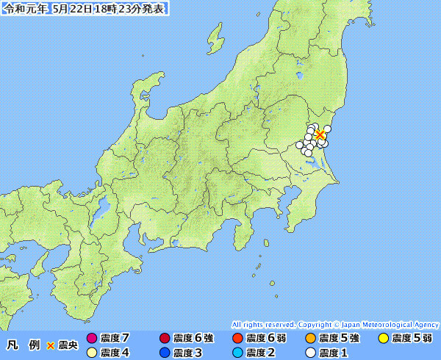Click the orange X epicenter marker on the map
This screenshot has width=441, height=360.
point(320,134)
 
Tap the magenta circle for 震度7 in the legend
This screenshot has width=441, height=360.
point(92,339)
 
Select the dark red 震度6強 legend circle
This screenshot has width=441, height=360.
point(164,339)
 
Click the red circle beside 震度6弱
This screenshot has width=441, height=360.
point(237,339)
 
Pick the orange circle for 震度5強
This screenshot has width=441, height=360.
point(310,339)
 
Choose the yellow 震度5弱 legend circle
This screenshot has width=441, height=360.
point(383,339)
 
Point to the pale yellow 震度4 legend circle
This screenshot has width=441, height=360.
point(92,353)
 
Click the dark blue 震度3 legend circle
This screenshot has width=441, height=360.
point(164,353)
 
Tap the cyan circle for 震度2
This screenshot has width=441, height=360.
point(237,353)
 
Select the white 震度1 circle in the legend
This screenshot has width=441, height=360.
point(310,353)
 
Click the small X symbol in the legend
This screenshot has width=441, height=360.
point(50,345)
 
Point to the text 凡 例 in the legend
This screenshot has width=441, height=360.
point(23,345)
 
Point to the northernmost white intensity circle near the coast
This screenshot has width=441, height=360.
point(327,129)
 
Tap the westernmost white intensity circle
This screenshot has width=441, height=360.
point(300,144)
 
